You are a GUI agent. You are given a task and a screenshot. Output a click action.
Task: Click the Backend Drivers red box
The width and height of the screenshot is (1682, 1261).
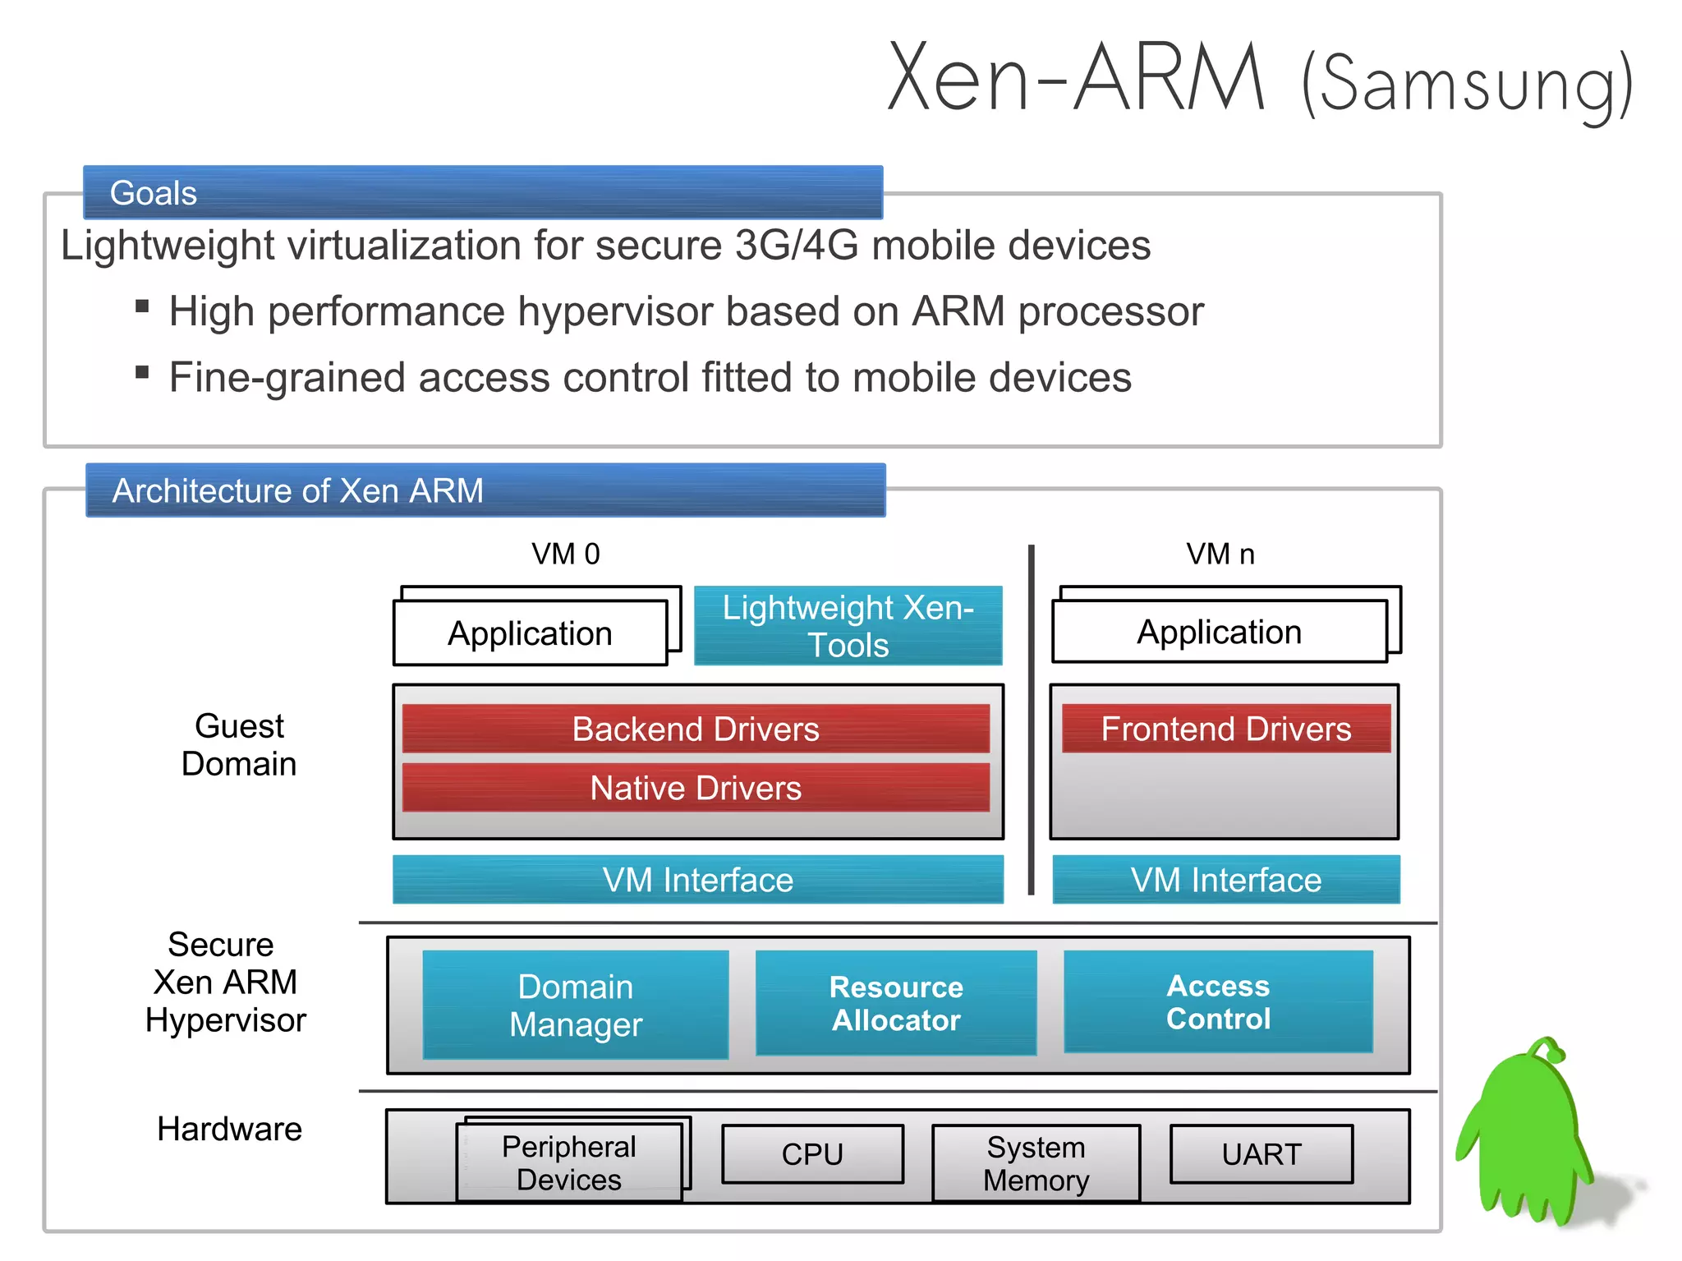(696, 729)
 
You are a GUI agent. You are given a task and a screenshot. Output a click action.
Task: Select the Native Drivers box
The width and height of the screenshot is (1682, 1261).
(696, 788)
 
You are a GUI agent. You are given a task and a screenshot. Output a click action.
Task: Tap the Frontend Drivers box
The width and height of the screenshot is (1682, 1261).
(1225, 729)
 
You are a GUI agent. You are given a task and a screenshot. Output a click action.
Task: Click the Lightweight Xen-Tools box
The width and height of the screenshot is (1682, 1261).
(848, 626)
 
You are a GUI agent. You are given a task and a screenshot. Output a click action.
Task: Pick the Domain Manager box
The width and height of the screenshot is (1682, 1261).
(575, 1005)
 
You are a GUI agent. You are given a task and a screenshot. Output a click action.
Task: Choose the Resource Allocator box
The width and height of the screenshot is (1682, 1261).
(896, 1003)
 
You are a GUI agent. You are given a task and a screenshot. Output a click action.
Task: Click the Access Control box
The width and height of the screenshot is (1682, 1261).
(1218, 1001)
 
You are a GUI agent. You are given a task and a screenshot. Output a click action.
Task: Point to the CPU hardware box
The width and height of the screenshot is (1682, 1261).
(812, 1154)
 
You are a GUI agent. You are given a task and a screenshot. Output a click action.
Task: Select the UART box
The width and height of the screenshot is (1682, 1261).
(1261, 1154)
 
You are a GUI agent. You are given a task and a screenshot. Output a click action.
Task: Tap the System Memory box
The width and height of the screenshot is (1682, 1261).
(1036, 1163)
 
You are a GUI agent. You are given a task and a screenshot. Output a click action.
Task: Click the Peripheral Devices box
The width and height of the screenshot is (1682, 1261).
(568, 1163)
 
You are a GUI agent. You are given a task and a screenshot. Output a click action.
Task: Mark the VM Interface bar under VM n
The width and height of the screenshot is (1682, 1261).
(1225, 880)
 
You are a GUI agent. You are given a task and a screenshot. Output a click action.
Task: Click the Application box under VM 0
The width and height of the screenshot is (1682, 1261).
(530, 633)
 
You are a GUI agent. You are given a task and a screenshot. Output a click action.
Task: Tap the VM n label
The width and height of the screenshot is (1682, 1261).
(1220, 555)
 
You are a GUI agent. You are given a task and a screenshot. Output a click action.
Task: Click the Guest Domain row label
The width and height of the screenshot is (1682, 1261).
(239, 745)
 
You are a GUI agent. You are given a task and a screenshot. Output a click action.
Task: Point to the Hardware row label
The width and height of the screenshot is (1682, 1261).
(229, 1129)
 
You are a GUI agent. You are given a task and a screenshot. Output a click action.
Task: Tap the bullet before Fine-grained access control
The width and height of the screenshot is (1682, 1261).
(142, 373)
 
